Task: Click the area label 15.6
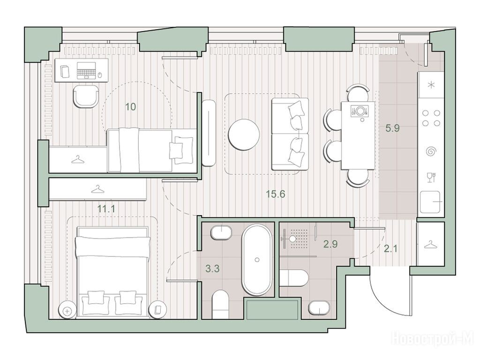276,194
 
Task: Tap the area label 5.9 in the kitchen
392,128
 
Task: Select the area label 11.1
106,209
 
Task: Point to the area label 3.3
212,269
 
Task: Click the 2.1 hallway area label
390,248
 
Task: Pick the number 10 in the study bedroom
130,107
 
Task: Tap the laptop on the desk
86,71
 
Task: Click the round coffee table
244,135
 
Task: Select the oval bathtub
257,260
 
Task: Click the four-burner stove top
431,118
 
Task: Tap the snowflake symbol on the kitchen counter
431,85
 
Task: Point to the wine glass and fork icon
431,178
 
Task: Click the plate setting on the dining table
360,110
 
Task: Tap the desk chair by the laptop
86,96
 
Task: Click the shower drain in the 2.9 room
293,238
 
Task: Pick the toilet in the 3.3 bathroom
220,304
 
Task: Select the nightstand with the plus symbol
67,311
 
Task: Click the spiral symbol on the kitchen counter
431,151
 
